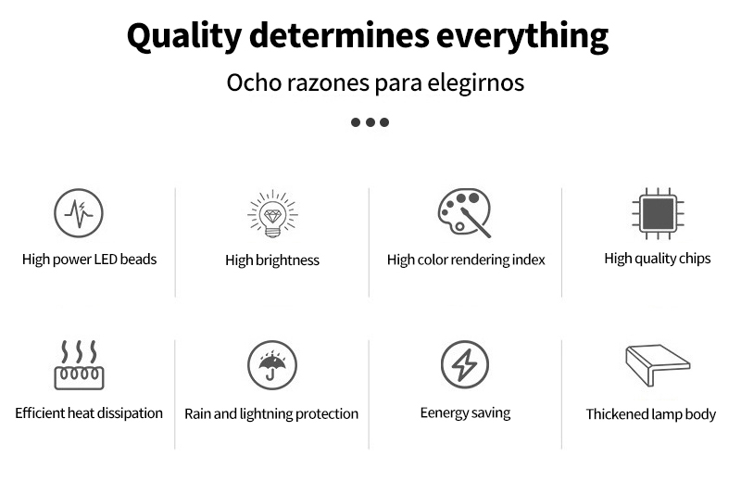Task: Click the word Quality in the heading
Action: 184,37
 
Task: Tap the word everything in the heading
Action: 522,37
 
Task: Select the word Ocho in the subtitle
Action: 254,82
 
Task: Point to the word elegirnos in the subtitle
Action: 475,82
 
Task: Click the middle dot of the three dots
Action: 370,122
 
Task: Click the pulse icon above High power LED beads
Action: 79,213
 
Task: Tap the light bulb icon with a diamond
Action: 272,214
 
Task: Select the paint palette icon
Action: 464,212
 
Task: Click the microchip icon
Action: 658,213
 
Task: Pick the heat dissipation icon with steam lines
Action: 79,364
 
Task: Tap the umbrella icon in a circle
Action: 272,365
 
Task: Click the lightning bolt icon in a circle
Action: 465,364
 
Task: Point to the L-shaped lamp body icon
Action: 658,364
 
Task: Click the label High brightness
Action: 272,260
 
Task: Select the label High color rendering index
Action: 466,260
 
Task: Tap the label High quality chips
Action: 658,259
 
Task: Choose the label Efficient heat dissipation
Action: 89,412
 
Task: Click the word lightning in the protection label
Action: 266,414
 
